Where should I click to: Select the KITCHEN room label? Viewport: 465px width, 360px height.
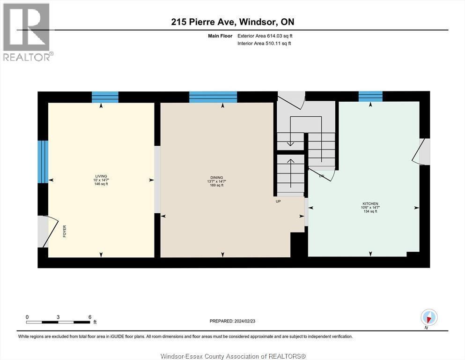coord(370,203)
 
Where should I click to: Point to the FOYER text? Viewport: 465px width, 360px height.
coord(64,232)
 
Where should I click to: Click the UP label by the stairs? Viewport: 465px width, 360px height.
coord(278,202)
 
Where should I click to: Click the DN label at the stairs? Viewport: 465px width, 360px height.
coord(322,176)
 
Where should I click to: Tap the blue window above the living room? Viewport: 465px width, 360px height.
coord(105,97)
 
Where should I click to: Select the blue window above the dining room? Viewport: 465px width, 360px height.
coord(213,97)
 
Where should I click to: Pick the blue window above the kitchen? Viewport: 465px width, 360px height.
coord(370,97)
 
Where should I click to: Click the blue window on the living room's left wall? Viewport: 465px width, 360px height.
coord(43,162)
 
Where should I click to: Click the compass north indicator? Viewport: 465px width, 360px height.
coord(429,317)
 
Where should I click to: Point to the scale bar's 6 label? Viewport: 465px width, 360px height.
coord(89,316)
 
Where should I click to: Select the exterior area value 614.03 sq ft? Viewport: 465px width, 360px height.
coord(280,36)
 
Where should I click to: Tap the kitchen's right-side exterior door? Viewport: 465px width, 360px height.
coord(421,151)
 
